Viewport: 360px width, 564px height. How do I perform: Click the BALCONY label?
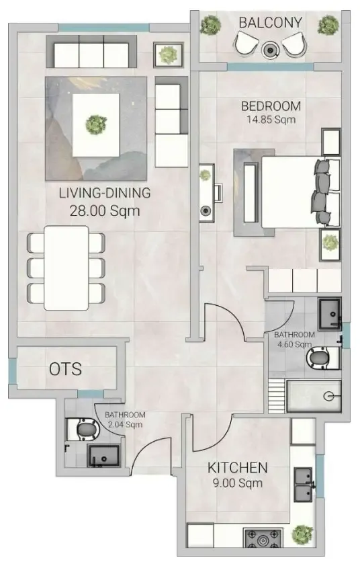(270, 23)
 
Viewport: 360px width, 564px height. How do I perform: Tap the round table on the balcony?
(270, 50)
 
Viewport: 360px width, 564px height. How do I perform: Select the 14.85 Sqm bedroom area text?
(271, 120)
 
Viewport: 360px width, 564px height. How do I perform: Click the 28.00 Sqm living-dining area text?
(105, 210)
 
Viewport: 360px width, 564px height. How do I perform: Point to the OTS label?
(65, 369)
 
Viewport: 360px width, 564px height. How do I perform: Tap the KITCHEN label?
(238, 468)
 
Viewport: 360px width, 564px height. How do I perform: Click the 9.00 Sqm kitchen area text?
(238, 483)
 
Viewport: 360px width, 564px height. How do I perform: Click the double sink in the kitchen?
(303, 485)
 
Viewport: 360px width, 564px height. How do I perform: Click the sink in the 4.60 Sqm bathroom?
(330, 314)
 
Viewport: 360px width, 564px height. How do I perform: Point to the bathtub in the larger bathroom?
(313, 397)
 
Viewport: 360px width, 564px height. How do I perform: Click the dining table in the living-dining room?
(66, 268)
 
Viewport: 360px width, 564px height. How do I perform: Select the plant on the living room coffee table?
(96, 124)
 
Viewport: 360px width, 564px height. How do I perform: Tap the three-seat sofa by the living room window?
(91, 51)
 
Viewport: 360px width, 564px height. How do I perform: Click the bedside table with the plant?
(330, 245)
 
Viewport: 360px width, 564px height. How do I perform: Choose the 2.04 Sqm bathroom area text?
(125, 419)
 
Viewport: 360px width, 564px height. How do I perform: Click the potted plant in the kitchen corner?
(302, 535)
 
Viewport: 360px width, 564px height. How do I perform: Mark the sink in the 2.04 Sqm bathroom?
(103, 456)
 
